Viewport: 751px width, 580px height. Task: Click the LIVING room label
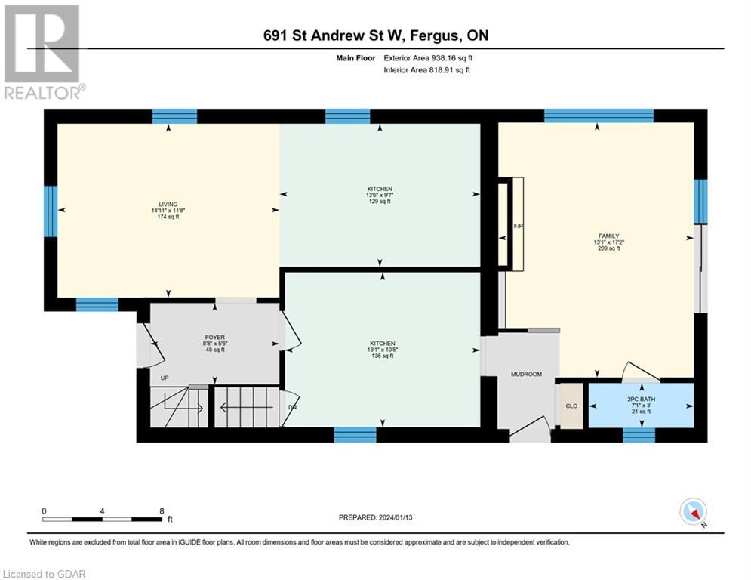click(168, 204)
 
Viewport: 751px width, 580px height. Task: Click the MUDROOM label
click(526, 374)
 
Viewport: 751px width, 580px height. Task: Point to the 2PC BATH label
click(639, 397)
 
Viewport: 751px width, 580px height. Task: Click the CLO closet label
click(571, 406)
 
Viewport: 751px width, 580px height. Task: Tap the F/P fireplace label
click(518, 225)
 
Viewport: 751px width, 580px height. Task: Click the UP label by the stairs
click(163, 378)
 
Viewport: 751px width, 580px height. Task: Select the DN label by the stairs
click(293, 406)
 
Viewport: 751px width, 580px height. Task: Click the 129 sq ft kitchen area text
click(380, 202)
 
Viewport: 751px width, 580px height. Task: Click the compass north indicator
click(693, 513)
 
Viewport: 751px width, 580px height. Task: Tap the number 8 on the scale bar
click(162, 511)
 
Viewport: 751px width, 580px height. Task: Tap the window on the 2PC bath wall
click(639, 434)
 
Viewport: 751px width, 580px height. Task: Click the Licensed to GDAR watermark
click(44, 574)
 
